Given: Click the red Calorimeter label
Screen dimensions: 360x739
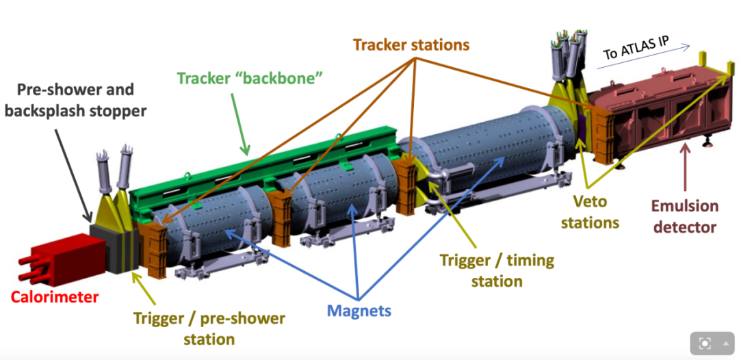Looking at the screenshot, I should [54, 297].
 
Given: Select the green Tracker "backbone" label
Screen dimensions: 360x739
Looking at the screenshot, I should [250, 78].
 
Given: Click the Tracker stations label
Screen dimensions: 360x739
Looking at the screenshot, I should [411, 44].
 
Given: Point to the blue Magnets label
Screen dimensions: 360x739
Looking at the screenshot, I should [359, 311].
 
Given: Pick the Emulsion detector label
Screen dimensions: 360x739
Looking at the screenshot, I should [684, 216].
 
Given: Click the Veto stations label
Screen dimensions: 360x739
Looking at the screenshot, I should [590, 212].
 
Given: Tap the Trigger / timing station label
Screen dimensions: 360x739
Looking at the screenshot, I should [497, 270].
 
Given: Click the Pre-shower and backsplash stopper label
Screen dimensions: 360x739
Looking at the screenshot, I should [75, 100].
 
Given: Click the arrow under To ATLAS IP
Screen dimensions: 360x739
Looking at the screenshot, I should [647, 57].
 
